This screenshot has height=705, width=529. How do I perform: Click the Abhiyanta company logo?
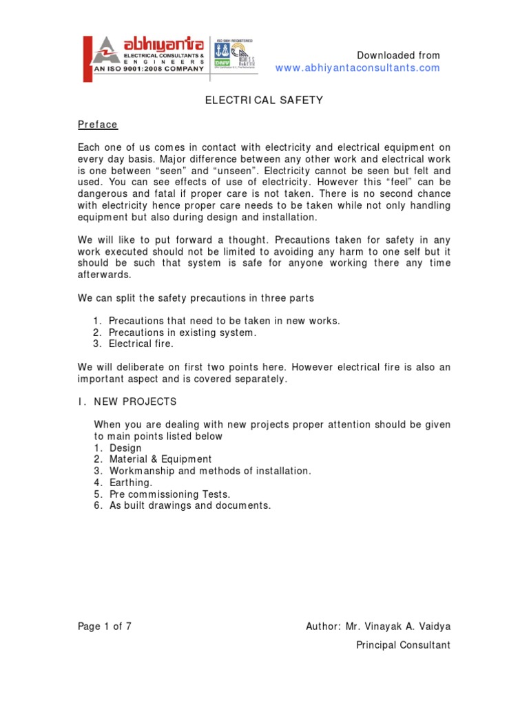click(x=145, y=54)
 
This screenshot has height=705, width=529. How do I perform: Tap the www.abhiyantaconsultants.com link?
click(x=357, y=67)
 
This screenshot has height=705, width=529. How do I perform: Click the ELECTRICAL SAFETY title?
click(x=264, y=100)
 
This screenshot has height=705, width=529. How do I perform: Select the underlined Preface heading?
click(x=97, y=125)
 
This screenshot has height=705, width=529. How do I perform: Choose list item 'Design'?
click(x=125, y=448)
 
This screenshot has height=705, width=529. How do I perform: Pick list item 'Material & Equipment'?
click(x=160, y=459)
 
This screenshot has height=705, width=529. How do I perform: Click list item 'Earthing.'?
click(x=130, y=483)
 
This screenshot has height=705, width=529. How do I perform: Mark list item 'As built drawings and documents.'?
click(x=190, y=505)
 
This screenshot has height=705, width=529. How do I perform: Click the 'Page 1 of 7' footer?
click(x=104, y=626)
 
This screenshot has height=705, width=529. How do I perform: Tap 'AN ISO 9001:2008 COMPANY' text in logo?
click(x=148, y=69)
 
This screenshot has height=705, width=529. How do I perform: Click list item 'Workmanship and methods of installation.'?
click(x=210, y=471)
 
